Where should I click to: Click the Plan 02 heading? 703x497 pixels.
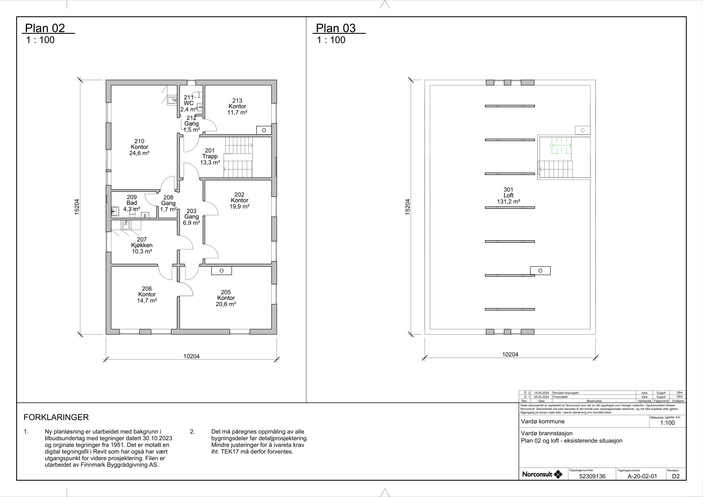45,28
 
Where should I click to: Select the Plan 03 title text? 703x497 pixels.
336,28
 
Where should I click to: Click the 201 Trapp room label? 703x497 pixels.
210,156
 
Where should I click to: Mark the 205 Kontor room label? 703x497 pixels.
226,298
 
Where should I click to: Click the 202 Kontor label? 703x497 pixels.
239,200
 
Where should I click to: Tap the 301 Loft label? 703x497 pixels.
509,196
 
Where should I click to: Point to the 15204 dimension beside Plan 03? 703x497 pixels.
408,207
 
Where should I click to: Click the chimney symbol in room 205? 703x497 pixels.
222,271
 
